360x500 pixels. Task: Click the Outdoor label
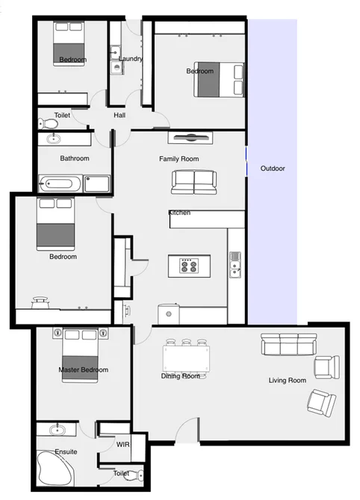272,169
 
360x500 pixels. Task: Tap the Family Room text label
179,159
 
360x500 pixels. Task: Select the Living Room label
288,381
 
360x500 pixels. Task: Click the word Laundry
131,59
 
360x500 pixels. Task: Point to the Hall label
120,116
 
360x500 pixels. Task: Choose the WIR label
122,445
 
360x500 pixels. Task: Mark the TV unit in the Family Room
190,137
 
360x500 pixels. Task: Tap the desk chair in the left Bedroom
40,301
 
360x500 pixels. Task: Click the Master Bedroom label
83,369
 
